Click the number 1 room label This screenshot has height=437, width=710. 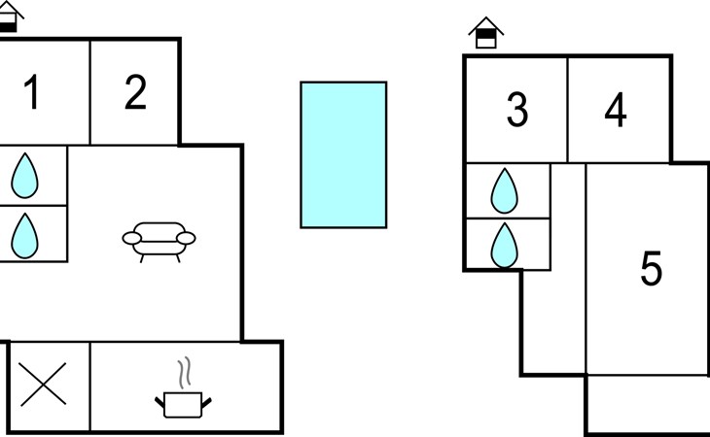31,92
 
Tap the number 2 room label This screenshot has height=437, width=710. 136,92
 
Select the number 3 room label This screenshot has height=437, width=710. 517,110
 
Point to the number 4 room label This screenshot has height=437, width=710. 616,110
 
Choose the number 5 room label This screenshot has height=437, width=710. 652,268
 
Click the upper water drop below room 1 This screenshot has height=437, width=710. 24,176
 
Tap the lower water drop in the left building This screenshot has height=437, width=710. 24,236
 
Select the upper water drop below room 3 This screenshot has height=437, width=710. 505,190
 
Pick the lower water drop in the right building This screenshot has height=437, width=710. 505,246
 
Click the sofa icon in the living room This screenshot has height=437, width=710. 159,242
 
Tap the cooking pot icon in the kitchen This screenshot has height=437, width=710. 183,405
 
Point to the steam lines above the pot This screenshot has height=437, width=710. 184,373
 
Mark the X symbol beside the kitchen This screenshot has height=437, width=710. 43,385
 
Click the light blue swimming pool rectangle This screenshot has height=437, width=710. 343,155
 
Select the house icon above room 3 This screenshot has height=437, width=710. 486,33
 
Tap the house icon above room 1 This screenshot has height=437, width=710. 9,17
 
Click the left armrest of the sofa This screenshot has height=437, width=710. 131,238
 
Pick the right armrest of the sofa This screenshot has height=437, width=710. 186,238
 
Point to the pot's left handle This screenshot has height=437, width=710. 160,402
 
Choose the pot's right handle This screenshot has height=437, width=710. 206,402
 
